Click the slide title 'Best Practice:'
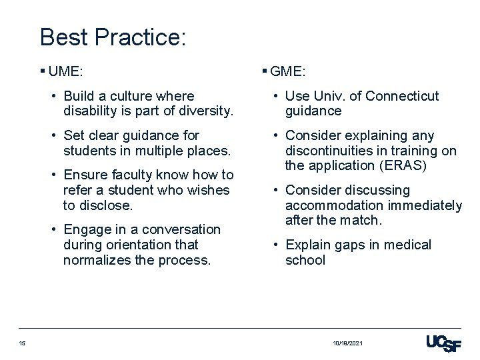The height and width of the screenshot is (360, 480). [x=113, y=37]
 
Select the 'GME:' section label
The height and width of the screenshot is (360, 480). [x=288, y=71]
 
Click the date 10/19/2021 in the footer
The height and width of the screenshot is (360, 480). [x=348, y=343]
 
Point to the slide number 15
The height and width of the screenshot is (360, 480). [x=22, y=343]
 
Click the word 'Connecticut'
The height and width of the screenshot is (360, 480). [x=402, y=96]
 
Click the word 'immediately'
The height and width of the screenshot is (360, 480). [x=425, y=205]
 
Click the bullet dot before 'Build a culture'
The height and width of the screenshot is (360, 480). [x=55, y=96]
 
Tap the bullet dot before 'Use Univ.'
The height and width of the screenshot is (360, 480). [x=277, y=96]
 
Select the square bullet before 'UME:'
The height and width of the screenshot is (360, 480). [x=43, y=69]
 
